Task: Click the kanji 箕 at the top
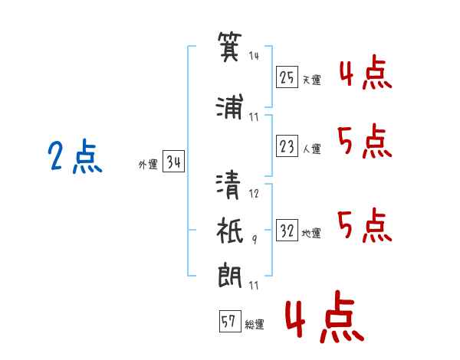coord(230,45)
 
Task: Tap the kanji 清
coord(231,186)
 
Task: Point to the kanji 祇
coord(231,229)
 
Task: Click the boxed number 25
coord(287,77)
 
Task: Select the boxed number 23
coord(287,147)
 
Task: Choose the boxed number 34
coord(173,162)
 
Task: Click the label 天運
coord(310,79)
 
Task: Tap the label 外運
coord(147,165)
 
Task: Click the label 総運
coord(255,325)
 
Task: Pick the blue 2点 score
coord(74,158)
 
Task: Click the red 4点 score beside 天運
coord(365,75)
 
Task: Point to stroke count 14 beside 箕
coord(255,55)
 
